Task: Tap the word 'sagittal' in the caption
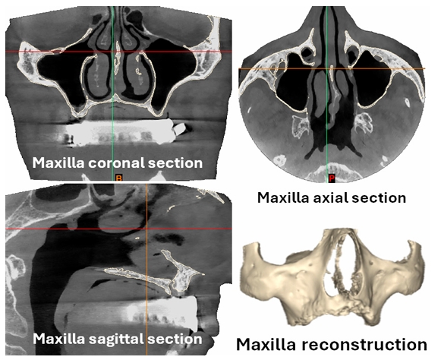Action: point(117,339)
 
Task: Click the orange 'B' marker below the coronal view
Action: point(119,178)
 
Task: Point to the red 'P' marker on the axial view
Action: point(332,178)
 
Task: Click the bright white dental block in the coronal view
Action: point(118,131)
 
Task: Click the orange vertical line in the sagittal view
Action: point(146,269)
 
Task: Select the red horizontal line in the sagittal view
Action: point(118,229)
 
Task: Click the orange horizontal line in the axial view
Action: point(332,68)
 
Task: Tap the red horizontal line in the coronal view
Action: point(118,52)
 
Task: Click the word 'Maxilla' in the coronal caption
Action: point(58,163)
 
